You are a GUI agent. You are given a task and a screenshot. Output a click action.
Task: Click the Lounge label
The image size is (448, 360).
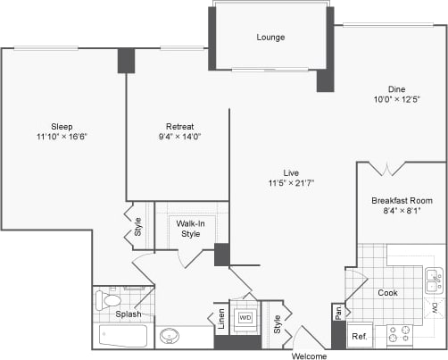point(270,38)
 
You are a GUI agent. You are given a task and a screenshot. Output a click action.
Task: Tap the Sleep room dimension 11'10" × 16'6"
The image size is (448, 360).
point(62,137)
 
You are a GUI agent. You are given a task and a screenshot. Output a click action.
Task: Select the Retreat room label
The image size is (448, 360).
point(179,126)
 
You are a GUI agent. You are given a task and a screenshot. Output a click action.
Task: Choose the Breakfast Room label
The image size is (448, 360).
point(402,201)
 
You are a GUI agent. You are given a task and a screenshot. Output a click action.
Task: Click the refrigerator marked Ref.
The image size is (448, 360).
point(358,337)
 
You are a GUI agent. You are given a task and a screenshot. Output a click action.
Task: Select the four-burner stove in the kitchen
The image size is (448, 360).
point(400,336)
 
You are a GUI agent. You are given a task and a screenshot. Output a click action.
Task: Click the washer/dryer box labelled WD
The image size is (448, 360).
point(244,318)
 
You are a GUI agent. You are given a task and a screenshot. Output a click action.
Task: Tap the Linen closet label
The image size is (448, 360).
point(221,320)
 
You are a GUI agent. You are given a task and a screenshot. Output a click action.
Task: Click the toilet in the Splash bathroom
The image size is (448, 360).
point(108,299)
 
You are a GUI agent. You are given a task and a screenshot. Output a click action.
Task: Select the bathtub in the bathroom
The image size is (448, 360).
point(122,337)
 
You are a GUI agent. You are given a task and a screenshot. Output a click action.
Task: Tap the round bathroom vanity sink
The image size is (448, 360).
point(169,337)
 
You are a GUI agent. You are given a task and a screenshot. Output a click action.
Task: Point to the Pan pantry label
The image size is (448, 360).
point(338,312)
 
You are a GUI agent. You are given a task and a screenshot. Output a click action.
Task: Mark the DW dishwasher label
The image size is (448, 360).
point(435,308)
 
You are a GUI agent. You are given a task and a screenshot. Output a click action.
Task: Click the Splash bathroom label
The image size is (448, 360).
point(129,314)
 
